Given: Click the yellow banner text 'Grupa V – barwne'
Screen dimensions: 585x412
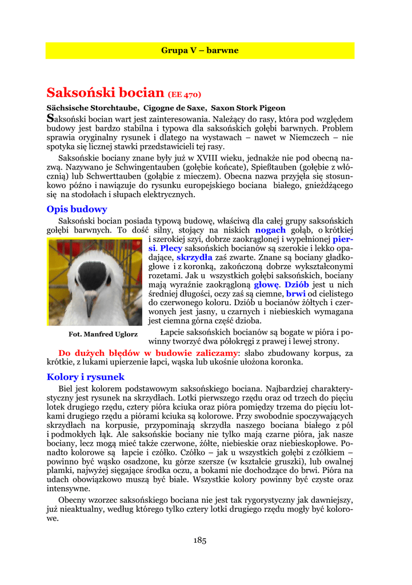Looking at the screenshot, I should [199, 50].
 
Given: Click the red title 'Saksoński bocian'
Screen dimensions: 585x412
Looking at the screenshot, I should [105, 92].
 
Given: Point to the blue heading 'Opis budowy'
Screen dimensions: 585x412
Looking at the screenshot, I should [77, 209].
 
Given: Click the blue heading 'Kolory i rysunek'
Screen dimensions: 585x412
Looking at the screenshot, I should [85, 376].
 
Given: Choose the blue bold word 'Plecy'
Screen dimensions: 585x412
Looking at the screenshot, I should [171, 249].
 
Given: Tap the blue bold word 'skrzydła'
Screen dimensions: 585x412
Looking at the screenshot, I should [194, 258].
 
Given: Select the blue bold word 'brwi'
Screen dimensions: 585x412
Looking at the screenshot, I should [296, 293].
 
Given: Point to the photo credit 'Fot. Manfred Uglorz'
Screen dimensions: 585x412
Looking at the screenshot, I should [95, 334].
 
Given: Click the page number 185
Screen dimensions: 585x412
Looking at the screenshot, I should [199, 540].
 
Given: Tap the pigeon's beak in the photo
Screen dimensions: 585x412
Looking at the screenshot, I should [91, 299].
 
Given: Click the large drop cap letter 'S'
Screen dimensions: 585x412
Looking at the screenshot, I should [50, 118].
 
